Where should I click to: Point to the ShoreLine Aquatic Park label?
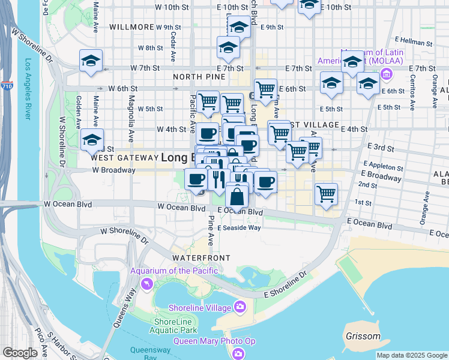[x=175, y=326]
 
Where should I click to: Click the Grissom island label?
[x=363, y=336]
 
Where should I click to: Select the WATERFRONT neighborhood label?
[x=200, y=257]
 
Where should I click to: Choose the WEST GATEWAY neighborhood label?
[x=123, y=158]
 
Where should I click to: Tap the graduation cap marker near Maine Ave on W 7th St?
[x=91, y=61]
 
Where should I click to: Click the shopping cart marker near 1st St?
[x=326, y=194]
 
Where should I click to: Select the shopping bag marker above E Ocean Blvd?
[x=238, y=196]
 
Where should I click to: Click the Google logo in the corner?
[x=20, y=353]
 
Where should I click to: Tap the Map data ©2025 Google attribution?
[x=412, y=355]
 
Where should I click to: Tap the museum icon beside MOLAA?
[x=385, y=74]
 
